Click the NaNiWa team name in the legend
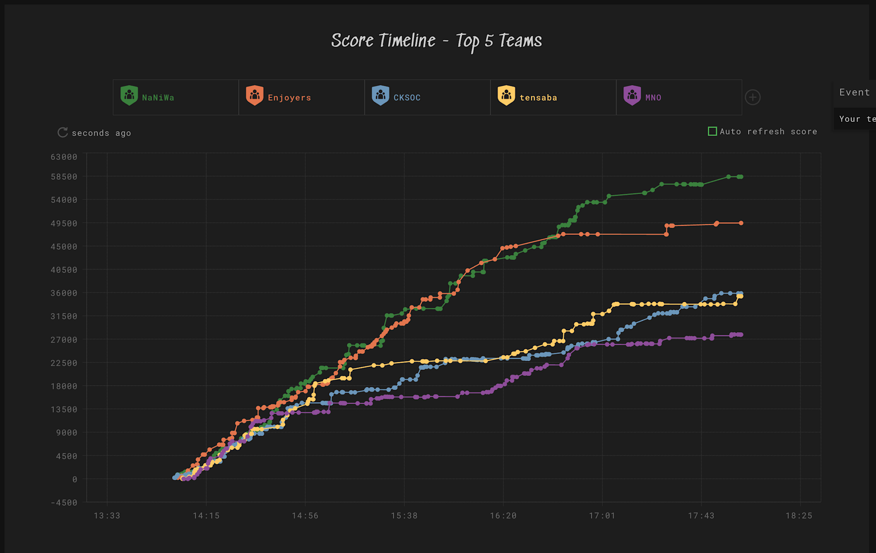click(x=158, y=98)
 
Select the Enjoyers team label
click(x=289, y=98)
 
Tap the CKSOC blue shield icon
click(x=380, y=95)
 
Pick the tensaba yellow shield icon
click(x=506, y=95)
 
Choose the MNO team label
click(x=653, y=98)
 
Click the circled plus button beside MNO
click(x=752, y=97)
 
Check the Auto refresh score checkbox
click(x=712, y=131)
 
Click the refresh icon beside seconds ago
click(x=63, y=132)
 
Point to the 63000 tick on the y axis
click(x=64, y=157)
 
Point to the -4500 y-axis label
click(x=64, y=503)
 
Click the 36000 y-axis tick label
click(x=64, y=293)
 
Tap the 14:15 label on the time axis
click(x=206, y=516)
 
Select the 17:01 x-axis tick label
click(x=602, y=516)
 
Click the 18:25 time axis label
click(x=799, y=516)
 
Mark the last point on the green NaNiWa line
click(x=741, y=177)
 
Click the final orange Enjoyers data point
click(x=741, y=223)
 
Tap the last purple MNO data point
click(x=741, y=335)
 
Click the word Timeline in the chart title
click(x=407, y=41)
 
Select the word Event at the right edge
click(x=854, y=92)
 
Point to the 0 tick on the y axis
click(x=75, y=479)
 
